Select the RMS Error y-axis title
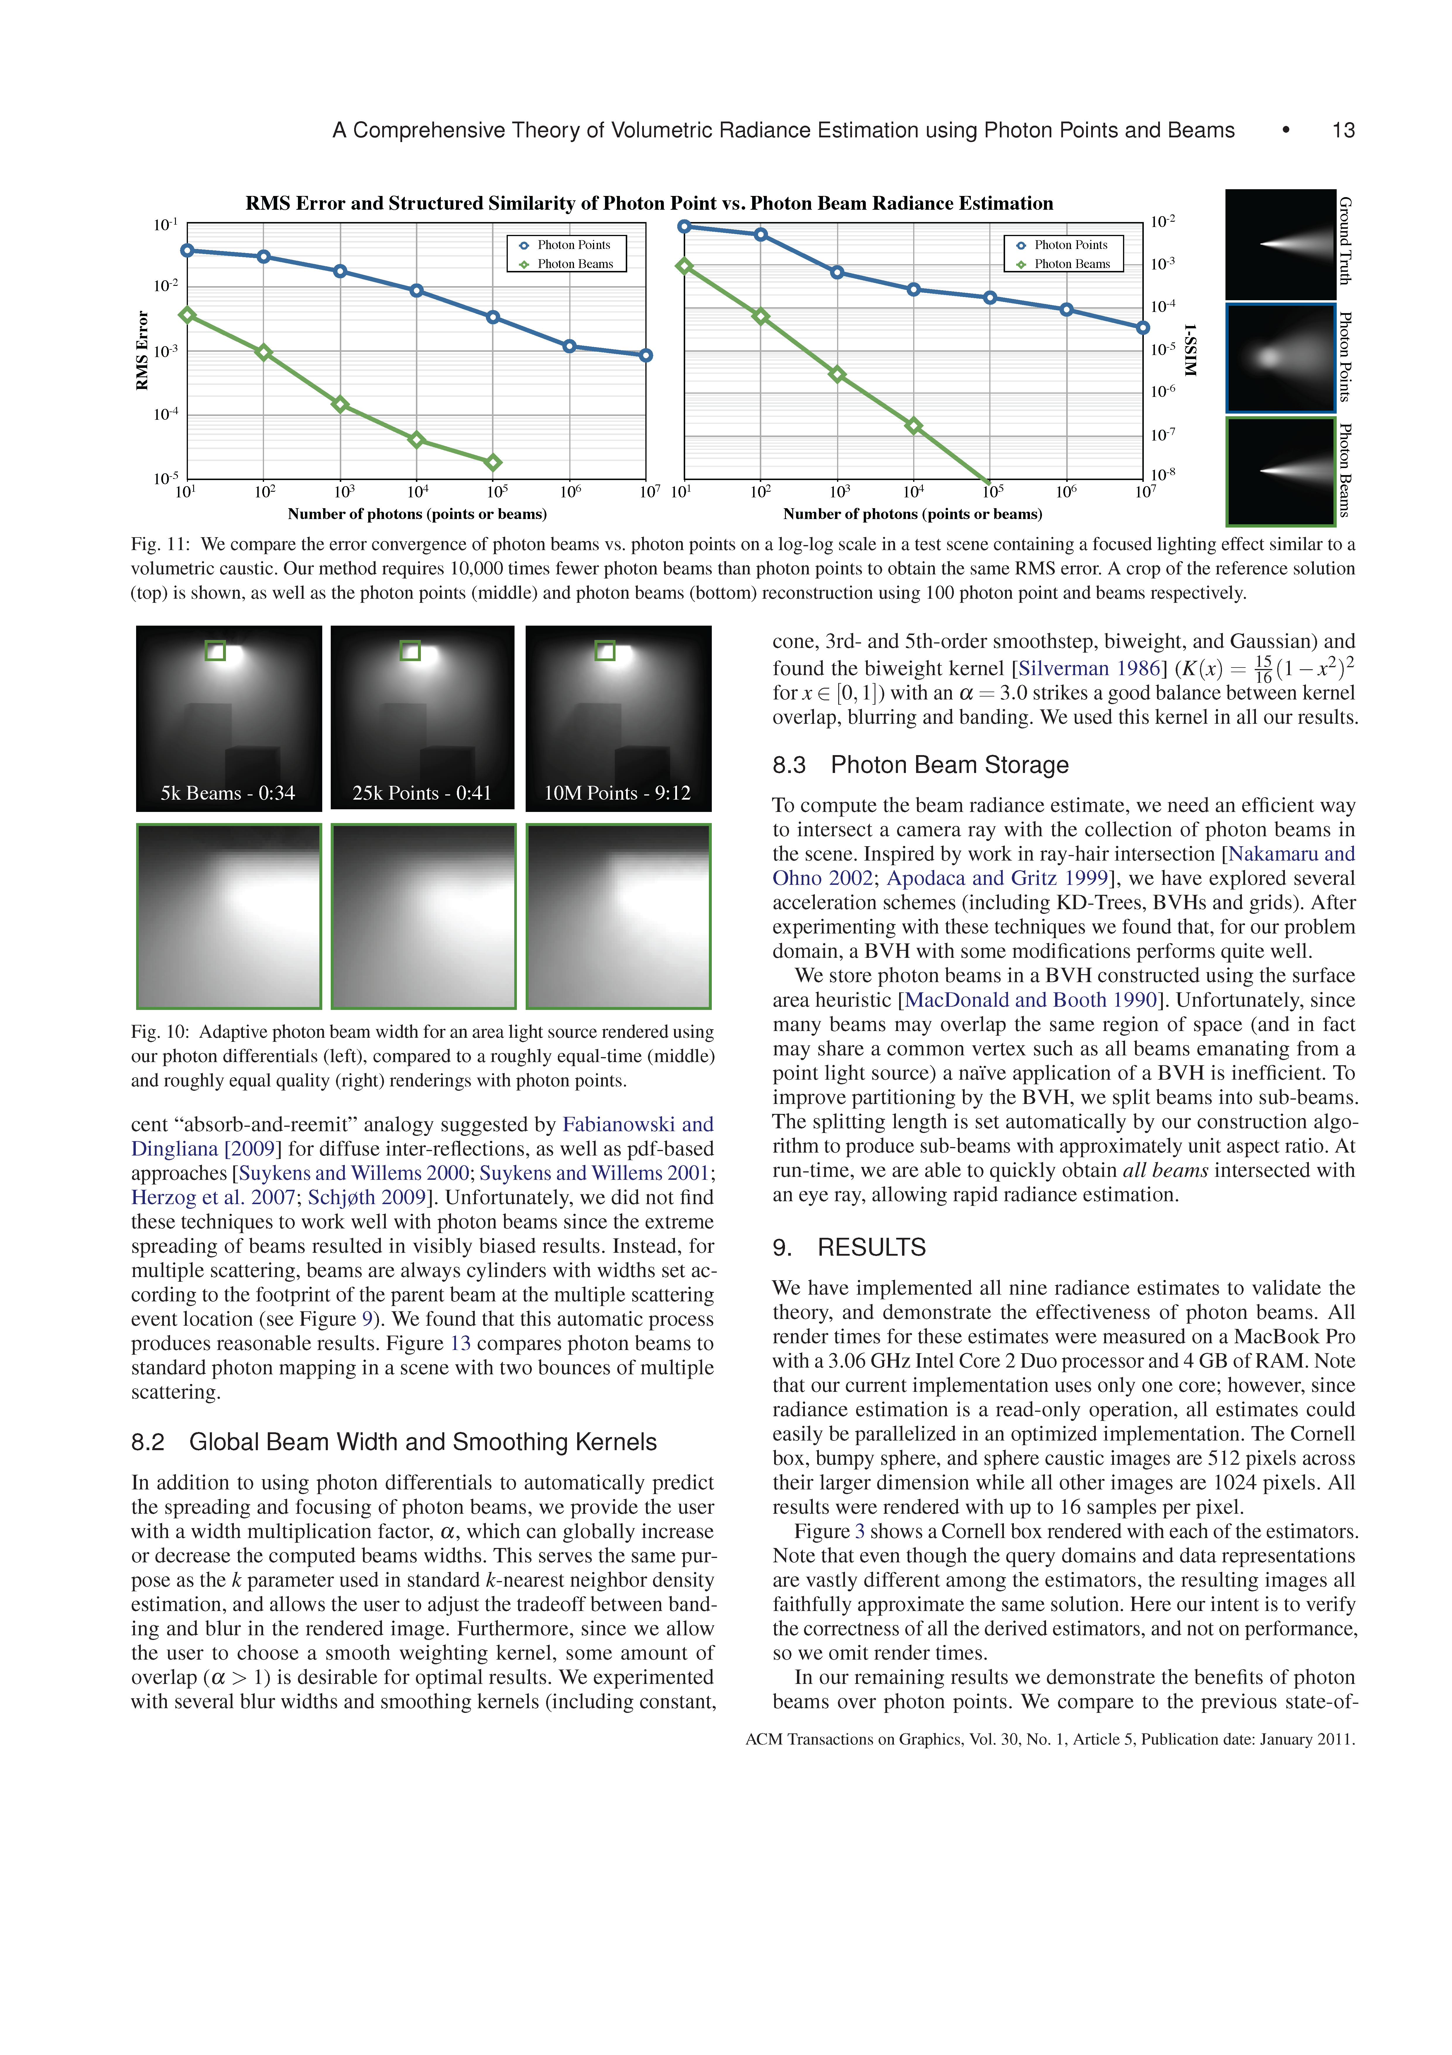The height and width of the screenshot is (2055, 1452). click(x=141, y=350)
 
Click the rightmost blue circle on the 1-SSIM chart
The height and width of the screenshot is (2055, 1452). click(x=1142, y=327)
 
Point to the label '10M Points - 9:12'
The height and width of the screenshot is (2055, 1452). click(x=617, y=793)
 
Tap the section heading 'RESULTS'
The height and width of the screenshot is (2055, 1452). click(x=871, y=1248)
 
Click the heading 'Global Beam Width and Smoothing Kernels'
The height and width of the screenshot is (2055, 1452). click(x=422, y=1442)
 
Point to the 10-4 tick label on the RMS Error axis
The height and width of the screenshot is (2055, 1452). click(x=167, y=414)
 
